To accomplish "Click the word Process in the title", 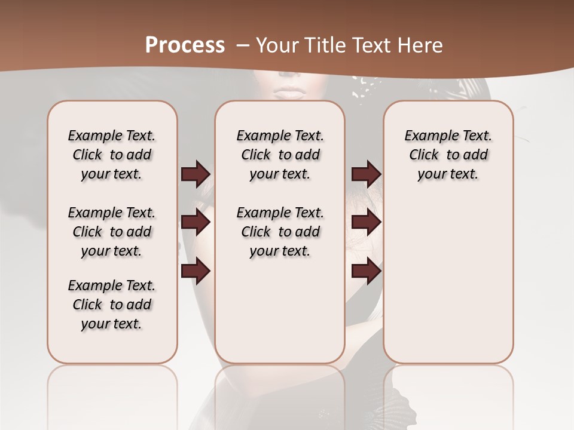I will (x=185, y=45).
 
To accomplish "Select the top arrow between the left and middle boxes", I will (x=196, y=174).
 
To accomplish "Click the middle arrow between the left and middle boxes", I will (x=196, y=222).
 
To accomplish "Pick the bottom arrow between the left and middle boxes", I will (x=196, y=271).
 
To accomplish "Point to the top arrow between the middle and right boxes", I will (x=367, y=174).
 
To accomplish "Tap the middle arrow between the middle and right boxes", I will (x=367, y=222).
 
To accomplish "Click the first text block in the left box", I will (x=112, y=155).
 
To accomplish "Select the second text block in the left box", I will (x=112, y=232).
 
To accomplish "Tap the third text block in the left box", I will (x=112, y=305).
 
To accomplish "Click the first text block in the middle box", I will (x=280, y=155).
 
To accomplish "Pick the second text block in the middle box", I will (x=280, y=232).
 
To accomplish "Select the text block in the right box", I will (x=448, y=155).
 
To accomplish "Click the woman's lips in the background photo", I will (x=290, y=93).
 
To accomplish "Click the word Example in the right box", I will (x=428, y=136).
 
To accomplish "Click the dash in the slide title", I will (x=243, y=45).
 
